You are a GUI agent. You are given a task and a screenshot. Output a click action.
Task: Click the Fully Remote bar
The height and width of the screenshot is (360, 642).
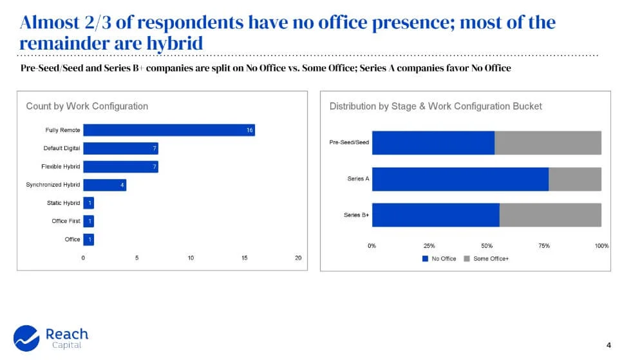pos(169,130)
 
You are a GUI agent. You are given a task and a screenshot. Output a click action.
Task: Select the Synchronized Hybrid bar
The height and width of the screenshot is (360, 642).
pos(104,185)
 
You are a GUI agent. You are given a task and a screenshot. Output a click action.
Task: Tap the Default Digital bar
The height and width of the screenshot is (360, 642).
pos(120,148)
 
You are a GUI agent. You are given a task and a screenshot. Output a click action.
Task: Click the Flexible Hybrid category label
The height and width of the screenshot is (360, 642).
pos(61,167)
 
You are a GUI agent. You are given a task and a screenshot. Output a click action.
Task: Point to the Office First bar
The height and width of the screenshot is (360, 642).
pos(88,221)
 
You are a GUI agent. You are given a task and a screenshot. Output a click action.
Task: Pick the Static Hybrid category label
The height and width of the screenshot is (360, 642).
pos(63,203)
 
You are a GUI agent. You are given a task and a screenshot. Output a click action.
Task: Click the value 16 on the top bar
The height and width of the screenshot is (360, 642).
pos(250,130)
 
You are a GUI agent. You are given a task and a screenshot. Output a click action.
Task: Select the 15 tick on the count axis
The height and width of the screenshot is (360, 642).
pos(245,258)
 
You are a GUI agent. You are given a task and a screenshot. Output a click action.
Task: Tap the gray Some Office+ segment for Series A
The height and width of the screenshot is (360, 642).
pos(574,178)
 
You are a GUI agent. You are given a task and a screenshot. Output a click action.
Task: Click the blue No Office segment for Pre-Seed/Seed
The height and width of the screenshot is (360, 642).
pos(433,142)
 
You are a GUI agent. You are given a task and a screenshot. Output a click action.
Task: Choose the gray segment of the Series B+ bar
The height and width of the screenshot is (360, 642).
pos(550,214)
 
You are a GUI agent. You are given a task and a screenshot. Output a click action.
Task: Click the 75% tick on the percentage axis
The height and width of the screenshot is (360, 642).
pos(544,246)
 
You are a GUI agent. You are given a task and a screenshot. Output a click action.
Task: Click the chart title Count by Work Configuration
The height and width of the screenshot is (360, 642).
pos(87,106)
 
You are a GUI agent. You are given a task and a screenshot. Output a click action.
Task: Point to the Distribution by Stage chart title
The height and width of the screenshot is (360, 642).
pos(435,106)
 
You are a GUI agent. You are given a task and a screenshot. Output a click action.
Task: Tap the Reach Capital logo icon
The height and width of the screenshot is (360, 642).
pos(26,337)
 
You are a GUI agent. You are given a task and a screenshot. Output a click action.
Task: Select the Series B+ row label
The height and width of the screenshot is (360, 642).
pos(356,215)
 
